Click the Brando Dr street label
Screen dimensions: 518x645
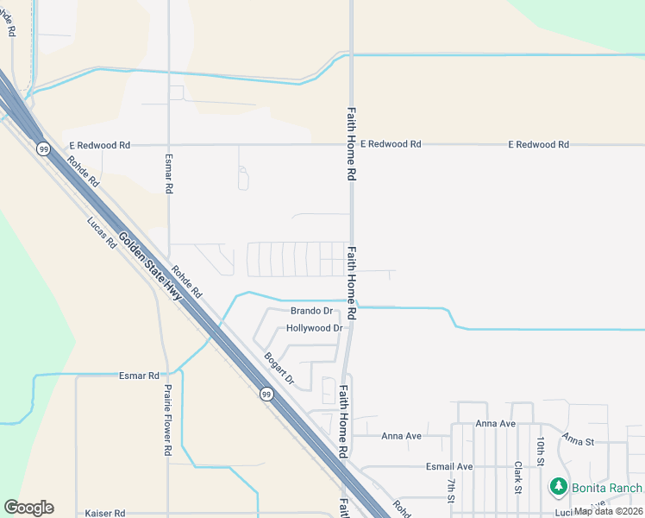311,311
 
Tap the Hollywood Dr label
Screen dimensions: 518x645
314,329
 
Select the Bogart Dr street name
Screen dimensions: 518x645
279,369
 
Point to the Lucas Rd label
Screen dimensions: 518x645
101,231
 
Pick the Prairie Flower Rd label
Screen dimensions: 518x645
168,420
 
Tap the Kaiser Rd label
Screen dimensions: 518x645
105,513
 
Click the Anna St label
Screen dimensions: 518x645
579,440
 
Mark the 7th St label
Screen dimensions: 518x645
450,488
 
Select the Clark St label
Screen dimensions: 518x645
517,477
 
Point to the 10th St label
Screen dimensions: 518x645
541,452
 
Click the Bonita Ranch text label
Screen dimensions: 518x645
607,488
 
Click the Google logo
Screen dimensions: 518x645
28,508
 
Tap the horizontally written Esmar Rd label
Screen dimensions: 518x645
139,376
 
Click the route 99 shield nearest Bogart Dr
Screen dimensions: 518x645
266,395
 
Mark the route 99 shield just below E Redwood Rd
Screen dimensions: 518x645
42,149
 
